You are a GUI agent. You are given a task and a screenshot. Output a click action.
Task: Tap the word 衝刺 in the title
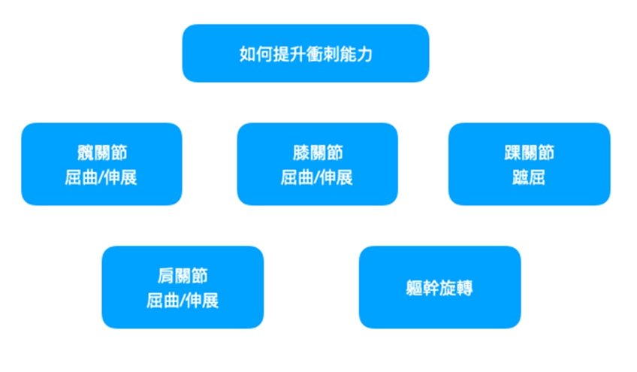[x=322, y=54]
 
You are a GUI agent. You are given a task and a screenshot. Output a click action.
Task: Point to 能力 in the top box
[x=356, y=54]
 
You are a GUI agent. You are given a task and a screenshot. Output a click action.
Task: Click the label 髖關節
[x=101, y=153]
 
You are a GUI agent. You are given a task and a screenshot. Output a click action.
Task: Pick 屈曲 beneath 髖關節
[x=81, y=178]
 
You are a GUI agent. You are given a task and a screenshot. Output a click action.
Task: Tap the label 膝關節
[x=318, y=153]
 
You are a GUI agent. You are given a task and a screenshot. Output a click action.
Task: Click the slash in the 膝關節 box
[x=318, y=178]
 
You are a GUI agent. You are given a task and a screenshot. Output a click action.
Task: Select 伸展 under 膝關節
[x=337, y=178]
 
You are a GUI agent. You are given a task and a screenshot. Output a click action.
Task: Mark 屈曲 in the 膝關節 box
[x=297, y=178]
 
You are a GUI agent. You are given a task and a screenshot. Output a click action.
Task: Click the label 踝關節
[x=530, y=153]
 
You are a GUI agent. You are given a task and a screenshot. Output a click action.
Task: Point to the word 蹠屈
[x=530, y=178]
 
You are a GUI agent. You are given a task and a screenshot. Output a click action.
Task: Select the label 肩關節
[x=183, y=276]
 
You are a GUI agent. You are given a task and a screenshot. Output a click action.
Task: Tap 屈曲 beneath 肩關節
[x=163, y=301]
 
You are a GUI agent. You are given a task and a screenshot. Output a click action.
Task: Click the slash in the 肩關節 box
[x=183, y=301]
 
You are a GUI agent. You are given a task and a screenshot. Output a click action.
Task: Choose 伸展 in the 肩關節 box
[x=203, y=301]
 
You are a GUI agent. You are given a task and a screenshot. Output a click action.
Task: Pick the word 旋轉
[x=457, y=288]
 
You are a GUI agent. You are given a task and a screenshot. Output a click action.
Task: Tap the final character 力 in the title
[x=365, y=54]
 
